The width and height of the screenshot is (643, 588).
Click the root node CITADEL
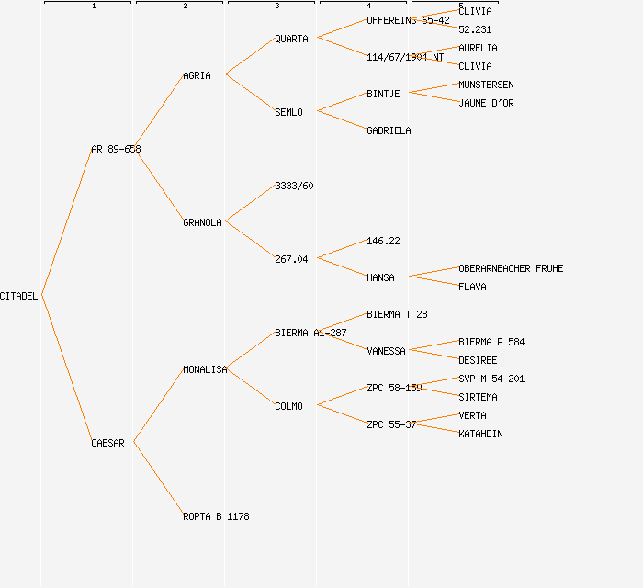(x=19, y=296)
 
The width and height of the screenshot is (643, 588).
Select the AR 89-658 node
(x=116, y=149)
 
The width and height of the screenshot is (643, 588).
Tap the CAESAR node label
(x=107, y=443)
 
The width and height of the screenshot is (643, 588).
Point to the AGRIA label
(x=197, y=75)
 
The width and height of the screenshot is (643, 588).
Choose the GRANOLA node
(x=202, y=222)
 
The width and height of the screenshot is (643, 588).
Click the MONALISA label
(x=205, y=369)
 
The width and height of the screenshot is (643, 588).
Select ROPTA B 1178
(x=216, y=516)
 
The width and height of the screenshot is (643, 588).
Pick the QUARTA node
(x=291, y=39)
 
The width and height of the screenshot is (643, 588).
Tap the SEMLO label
(x=288, y=112)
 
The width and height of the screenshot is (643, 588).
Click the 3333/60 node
(x=294, y=186)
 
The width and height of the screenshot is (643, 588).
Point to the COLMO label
(x=288, y=406)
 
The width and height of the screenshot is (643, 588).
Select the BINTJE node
(x=383, y=94)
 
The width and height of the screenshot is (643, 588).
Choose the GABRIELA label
(x=389, y=130)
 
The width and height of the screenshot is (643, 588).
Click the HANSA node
(x=380, y=277)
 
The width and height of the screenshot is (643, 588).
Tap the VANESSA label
(x=386, y=351)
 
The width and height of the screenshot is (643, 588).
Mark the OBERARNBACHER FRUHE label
(x=511, y=268)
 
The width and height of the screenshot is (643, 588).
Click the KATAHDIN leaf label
(x=480, y=434)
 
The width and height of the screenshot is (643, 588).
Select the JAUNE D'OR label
(x=486, y=103)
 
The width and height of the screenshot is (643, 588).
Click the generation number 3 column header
(x=276, y=6)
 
